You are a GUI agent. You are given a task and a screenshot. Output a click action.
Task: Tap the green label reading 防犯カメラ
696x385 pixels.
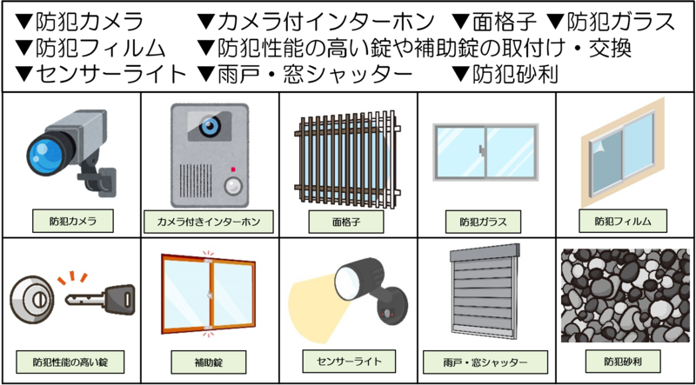coord(73,222)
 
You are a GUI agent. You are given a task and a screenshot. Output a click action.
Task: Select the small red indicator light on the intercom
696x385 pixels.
coord(232,169)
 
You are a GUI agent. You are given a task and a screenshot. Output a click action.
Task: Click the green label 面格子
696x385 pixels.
coord(345,222)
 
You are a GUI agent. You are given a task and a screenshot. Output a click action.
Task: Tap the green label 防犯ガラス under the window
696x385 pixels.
coord(484,222)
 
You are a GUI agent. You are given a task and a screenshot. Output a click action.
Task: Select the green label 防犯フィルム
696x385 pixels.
coord(623,222)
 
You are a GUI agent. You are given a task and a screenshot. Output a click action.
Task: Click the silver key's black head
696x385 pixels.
coord(119,300)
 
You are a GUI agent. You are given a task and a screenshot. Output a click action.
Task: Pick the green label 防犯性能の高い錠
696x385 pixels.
coord(70,362)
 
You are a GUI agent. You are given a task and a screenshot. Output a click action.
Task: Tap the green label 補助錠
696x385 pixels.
coord(208,362)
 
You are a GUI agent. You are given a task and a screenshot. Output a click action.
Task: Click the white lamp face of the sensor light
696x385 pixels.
coord(345,282)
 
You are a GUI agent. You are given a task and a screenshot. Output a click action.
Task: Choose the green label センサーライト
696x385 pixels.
coord(349,361)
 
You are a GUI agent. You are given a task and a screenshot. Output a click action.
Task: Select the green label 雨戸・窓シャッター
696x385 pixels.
coord(485,362)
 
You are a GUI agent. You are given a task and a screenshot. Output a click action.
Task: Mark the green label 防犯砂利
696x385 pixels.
coord(623,362)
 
